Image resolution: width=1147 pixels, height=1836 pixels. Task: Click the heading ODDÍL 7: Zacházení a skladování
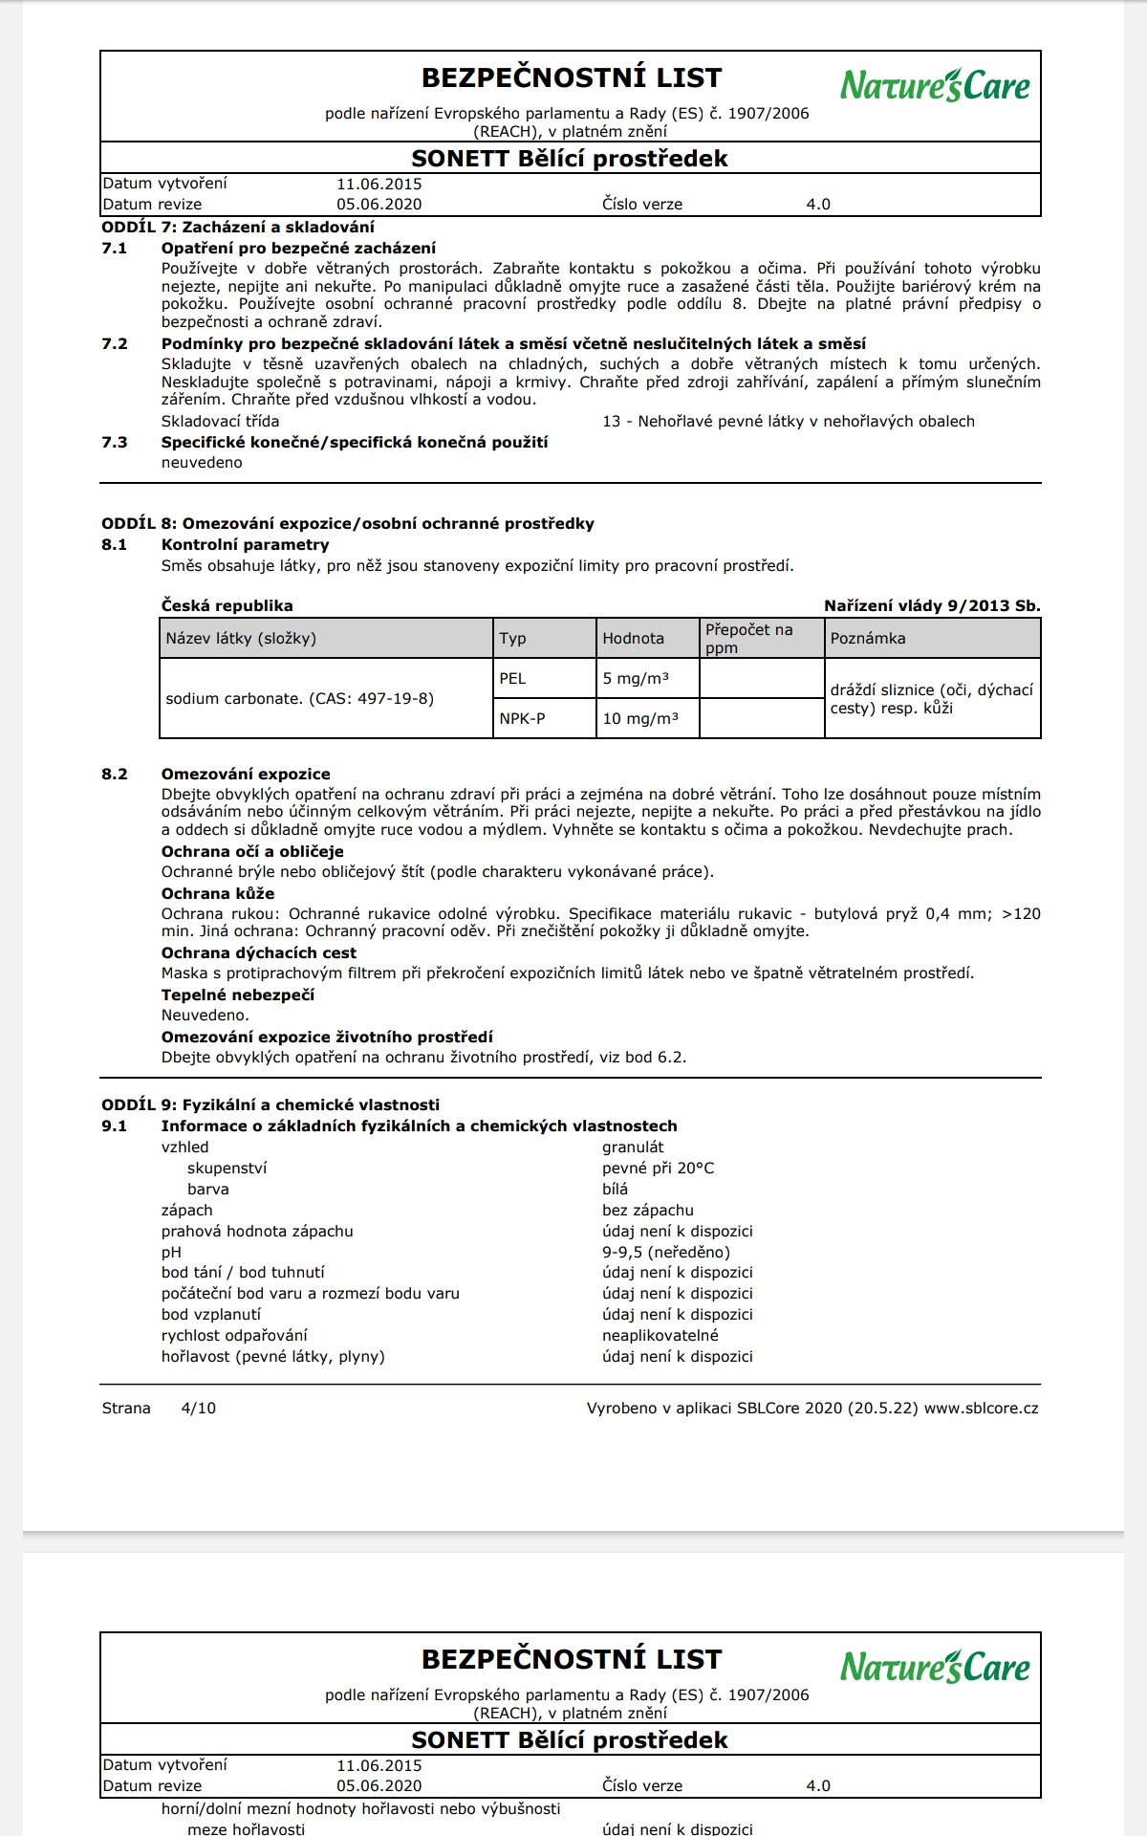pyautogui.click(x=238, y=227)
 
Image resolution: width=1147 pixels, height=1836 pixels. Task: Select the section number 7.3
pyautogui.click(x=114, y=442)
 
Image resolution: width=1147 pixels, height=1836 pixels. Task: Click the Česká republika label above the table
pyautogui.click(x=227, y=605)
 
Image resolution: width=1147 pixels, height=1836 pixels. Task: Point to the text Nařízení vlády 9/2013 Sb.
pyautogui.click(x=932, y=605)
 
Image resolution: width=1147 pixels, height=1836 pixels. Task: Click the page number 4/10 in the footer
pyautogui.click(x=198, y=1408)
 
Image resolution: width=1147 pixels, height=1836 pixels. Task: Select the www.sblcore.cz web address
pyautogui.click(x=981, y=1408)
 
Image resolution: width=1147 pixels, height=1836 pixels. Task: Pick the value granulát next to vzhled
pyautogui.click(x=633, y=1147)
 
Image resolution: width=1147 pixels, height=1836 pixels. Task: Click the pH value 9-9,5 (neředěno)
pyautogui.click(x=665, y=1252)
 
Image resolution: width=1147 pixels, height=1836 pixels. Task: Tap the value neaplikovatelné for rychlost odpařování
pyautogui.click(x=660, y=1335)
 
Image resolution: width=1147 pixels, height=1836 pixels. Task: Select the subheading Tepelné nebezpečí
pyautogui.click(x=237, y=994)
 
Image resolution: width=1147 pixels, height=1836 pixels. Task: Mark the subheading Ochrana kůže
pyautogui.click(x=218, y=893)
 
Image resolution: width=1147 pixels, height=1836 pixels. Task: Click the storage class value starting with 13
pyautogui.click(x=789, y=421)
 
